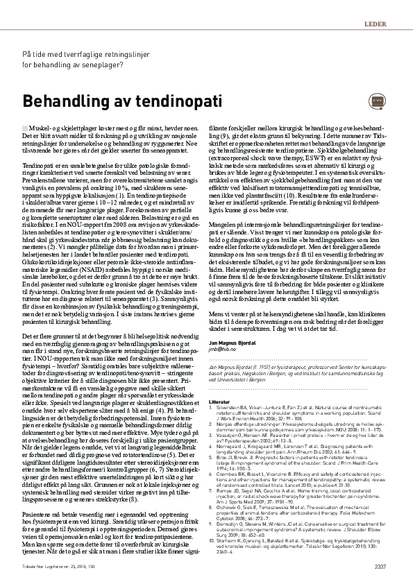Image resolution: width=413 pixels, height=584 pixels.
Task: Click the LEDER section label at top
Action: pos(375,24)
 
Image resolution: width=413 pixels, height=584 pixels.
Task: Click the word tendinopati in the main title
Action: pos(143,101)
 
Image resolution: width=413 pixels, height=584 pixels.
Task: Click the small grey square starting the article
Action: pos(26,129)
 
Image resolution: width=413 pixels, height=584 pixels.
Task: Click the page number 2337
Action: pos(380,567)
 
